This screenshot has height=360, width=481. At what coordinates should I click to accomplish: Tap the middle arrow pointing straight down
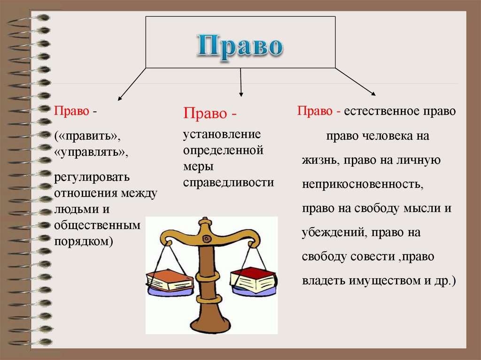(x=241, y=83)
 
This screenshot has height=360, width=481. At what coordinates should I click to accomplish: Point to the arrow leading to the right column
(x=355, y=83)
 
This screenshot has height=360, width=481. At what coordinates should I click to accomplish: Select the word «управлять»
(x=91, y=153)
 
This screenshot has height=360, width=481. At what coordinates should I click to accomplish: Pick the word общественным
(x=97, y=225)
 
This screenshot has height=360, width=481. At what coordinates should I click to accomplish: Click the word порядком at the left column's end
(x=82, y=241)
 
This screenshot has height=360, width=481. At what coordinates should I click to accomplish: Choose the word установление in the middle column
(x=222, y=135)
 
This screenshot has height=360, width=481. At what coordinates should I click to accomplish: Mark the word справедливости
(x=228, y=182)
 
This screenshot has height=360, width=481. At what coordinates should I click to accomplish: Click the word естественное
(x=381, y=112)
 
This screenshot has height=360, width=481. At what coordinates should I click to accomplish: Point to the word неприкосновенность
(x=362, y=184)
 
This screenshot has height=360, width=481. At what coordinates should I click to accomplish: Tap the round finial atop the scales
(x=204, y=221)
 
